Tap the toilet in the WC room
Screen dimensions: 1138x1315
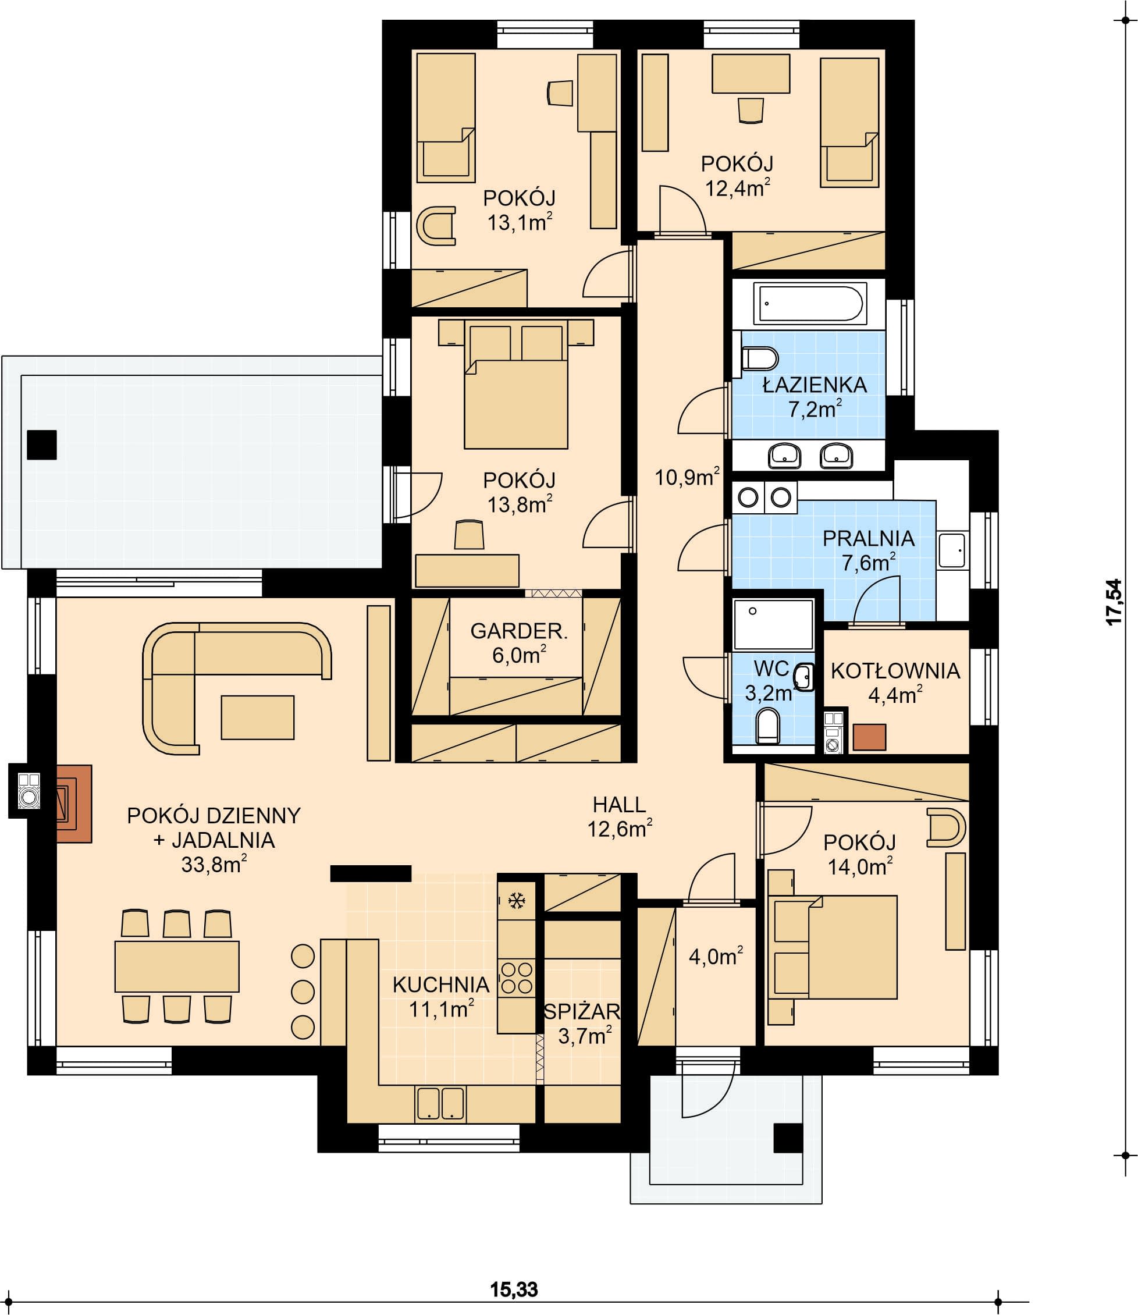tap(767, 726)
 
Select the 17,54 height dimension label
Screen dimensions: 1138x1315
tap(1115, 602)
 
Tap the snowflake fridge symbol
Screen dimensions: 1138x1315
tap(516, 900)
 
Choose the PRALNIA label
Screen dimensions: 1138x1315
tap(868, 538)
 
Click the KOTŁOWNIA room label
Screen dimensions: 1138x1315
tap(895, 670)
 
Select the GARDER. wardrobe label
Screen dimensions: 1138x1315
tap(519, 631)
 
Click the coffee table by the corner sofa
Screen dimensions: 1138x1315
tap(257, 717)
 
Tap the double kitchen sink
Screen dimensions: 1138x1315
tap(440, 1103)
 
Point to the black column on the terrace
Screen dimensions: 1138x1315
tap(42, 445)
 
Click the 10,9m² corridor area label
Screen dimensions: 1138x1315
tap(687, 476)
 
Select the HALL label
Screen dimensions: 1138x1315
tap(618, 805)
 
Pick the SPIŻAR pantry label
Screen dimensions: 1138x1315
tap(582, 1011)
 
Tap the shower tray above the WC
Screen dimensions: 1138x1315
tap(773, 624)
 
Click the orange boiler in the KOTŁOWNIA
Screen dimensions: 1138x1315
tap(869, 737)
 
